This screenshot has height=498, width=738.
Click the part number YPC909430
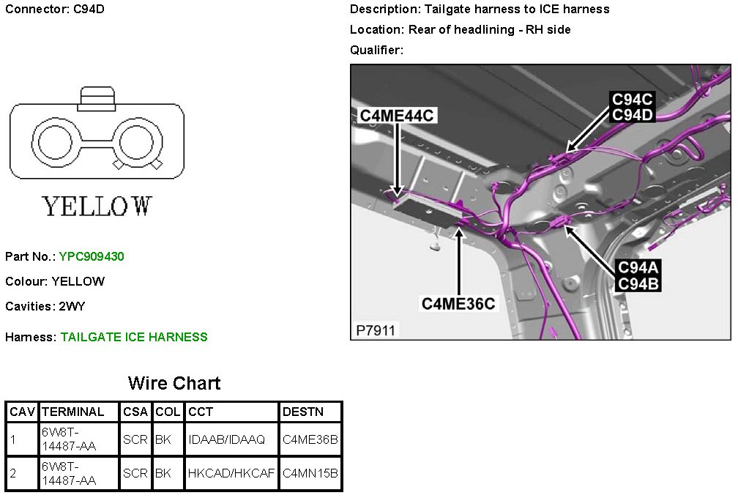pyautogui.click(x=92, y=256)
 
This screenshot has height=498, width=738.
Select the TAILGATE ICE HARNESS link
pyautogui.click(x=134, y=337)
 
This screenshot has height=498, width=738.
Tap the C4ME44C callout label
pyautogui.click(x=396, y=116)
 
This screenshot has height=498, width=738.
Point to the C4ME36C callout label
pyautogui.click(x=458, y=304)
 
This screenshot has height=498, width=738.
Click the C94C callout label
pyautogui.click(x=632, y=100)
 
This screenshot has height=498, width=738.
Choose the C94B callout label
pyautogui.click(x=638, y=284)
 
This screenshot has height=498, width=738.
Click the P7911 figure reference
pyautogui.click(x=375, y=330)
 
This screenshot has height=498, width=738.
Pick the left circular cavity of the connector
pyautogui.click(x=55, y=141)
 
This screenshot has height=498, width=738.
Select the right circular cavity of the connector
pyautogui.click(x=138, y=141)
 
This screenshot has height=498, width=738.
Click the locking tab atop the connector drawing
pyautogui.click(x=97, y=99)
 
